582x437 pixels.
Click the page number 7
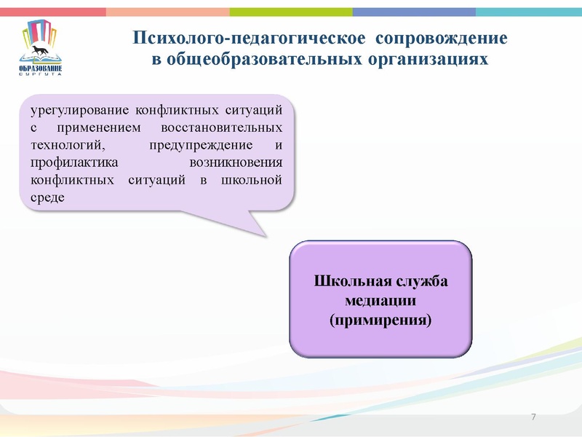tap(534, 417)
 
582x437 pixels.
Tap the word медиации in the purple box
tap(381, 300)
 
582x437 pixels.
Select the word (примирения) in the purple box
tap(381, 319)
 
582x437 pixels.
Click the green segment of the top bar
tap(291, 12)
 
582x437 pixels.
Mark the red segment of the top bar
tap(52, 12)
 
